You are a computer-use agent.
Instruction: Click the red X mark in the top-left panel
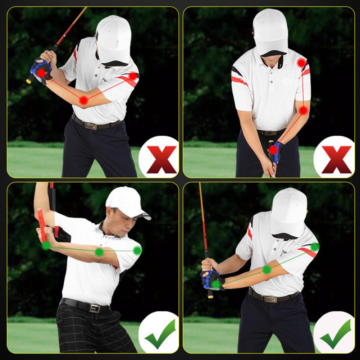[x=161, y=160]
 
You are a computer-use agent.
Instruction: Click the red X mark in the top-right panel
[x=336, y=160]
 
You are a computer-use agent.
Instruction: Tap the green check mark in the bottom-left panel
[x=160, y=334]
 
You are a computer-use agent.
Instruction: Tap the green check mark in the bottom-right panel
[x=335, y=334]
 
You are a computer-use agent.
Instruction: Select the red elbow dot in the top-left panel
[x=84, y=100]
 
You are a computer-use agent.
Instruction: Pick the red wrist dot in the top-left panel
[x=41, y=73]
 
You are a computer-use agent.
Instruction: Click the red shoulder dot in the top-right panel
[x=301, y=63]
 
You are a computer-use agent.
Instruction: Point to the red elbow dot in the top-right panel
[x=304, y=110]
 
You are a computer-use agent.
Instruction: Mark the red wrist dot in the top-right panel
[x=274, y=149]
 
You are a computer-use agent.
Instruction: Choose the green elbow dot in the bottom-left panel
[x=99, y=252]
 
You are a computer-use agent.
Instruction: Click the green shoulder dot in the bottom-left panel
[x=137, y=251]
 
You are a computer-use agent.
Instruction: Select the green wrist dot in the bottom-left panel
[x=46, y=246]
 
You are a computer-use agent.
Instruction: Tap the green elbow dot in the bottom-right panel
[x=266, y=269]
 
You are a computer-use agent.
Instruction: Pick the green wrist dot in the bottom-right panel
[x=216, y=284]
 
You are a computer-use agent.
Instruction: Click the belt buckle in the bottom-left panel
[x=95, y=308]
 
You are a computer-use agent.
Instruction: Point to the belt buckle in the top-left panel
[x=90, y=126]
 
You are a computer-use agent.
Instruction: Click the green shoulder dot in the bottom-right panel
[x=315, y=247]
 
